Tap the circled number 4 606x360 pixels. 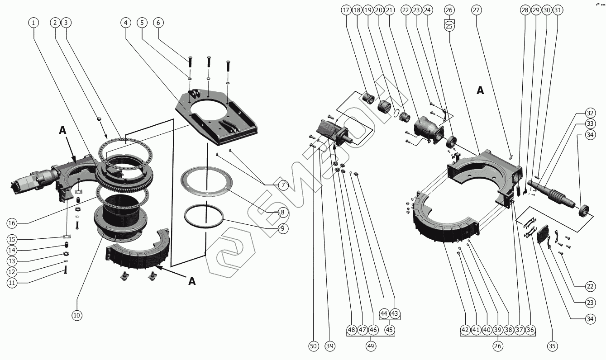pos(126,22)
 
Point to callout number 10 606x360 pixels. pos(77,315)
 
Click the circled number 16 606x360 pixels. pos(12,223)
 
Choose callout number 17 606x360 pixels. pos(346,10)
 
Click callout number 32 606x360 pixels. pos(590,113)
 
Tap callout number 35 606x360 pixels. pos(552,346)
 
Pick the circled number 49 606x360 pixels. pos(371,346)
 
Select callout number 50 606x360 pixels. pos(313,346)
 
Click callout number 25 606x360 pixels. pos(449,26)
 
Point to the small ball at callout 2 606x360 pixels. pos(99,119)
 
